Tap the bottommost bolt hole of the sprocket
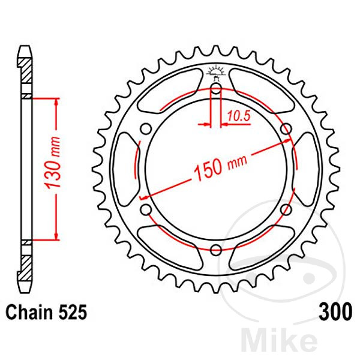pos(216,249)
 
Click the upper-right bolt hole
pos(286,129)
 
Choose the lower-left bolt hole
pos(146,209)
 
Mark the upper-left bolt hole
pos(146,129)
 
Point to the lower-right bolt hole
pos(286,209)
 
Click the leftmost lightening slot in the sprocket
pos(125,169)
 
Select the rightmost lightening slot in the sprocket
pos(307,169)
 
